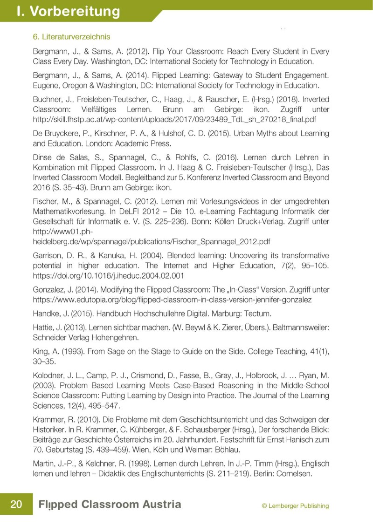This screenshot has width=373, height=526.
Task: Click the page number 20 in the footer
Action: tap(16, 505)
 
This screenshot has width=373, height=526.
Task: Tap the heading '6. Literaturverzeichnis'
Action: tap(71, 36)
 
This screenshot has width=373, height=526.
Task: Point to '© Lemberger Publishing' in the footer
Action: tap(295, 506)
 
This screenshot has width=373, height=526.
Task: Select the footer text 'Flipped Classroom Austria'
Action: tap(110, 505)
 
